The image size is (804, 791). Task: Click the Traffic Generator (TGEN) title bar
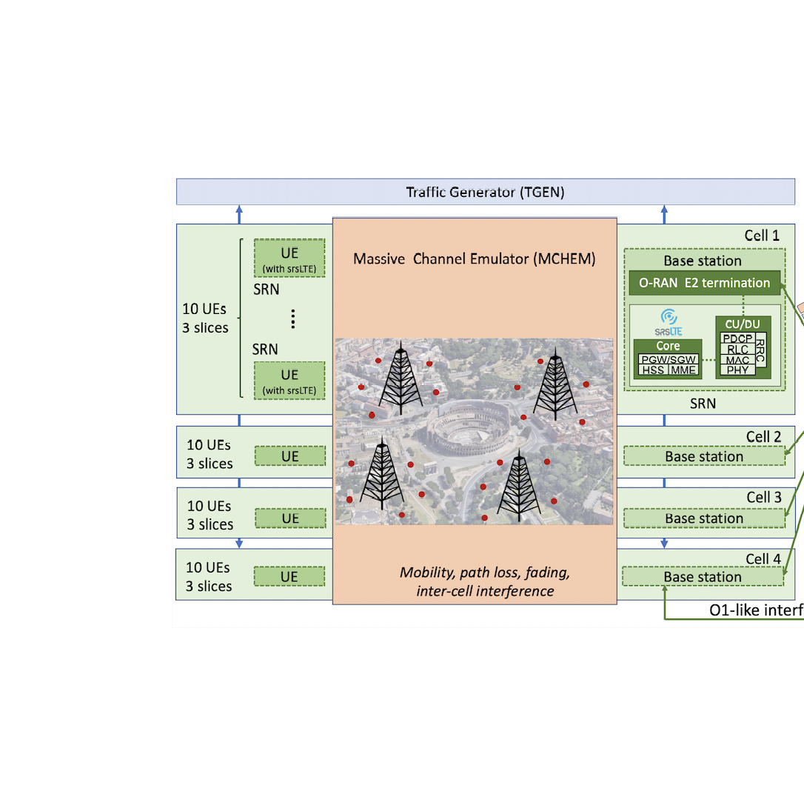point(485,193)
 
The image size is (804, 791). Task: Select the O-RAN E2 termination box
point(704,282)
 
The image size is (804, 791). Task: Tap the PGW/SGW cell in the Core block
point(668,359)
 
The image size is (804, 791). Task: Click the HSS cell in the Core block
point(653,370)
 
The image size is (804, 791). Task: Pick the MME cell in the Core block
point(683,370)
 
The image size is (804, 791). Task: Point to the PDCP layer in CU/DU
point(737,338)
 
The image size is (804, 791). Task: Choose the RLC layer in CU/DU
point(737,349)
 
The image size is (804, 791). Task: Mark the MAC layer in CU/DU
point(737,359)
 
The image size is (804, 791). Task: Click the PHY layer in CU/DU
point(737,370)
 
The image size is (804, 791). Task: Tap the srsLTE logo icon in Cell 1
point(668,317)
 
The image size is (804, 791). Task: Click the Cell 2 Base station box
point(704,456)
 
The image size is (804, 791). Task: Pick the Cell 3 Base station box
point(704,518)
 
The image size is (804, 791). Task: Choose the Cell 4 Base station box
point(703,577)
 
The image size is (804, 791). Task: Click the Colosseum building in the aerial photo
point(467,429)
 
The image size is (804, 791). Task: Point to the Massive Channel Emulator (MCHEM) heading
point(475,258)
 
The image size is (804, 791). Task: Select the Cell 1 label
point(763,236)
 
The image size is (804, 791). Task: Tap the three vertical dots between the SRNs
point(293,319)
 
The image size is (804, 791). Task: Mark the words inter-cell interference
point(485,591)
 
